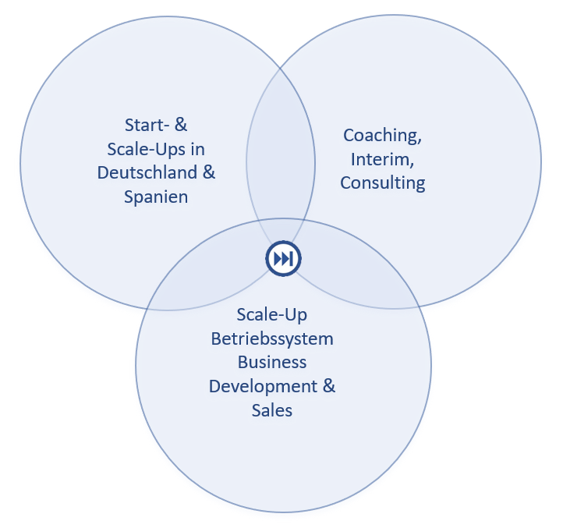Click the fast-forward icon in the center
283,259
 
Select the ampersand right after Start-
182,125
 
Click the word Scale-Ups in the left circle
149,149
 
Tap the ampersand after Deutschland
209,173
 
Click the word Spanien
156,197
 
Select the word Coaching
382,136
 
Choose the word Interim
382,159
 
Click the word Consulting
382,183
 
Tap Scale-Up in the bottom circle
271,315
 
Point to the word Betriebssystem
272,338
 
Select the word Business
272,362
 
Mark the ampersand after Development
328,386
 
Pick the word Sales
272,410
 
